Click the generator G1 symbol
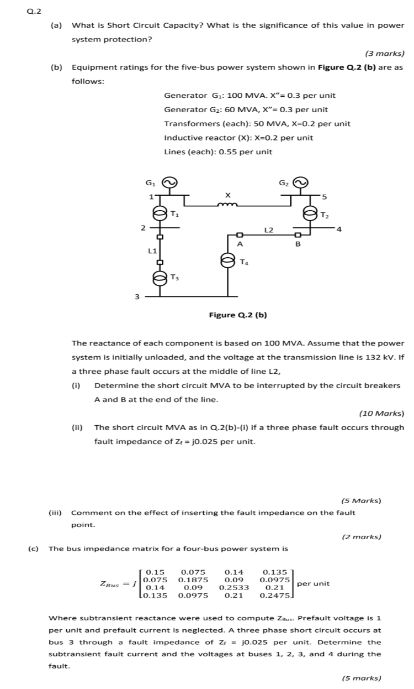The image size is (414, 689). pyautogui.click(x=170, y=183)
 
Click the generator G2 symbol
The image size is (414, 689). pyautogui.click(x=300, y=183)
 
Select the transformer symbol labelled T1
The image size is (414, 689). pyautogui.click(x=160, y=213)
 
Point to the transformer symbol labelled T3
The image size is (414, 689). pyautogui.click(x=160, y=278)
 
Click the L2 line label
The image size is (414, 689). pyautogui.click(x=269, y=228)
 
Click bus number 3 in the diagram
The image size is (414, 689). pyautogui.click(x=137, y=297)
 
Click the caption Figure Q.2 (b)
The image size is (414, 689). pyautogui.click(x=238, y=315)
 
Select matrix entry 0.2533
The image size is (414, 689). pyautogui.click(x=234, y=587)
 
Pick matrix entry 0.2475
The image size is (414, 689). pyautogui.click(x=274, y=596)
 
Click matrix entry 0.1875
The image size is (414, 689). pyautogui.click(x=193, y=580)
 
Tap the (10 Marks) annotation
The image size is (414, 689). pyautogui.click(x=381, y=413)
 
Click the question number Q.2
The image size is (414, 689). pyautogui.click(x=34, y=11)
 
